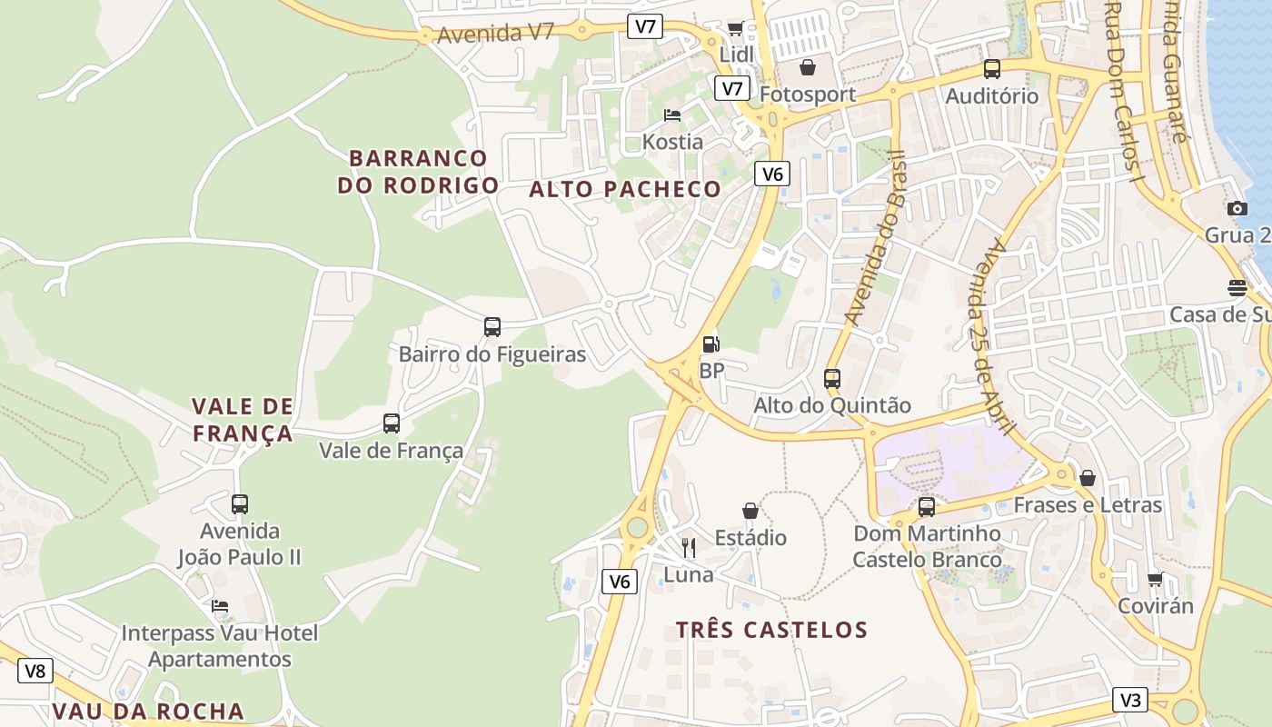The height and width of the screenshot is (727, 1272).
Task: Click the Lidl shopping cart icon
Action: [735, 29]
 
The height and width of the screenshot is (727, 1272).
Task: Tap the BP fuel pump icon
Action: [711, 344]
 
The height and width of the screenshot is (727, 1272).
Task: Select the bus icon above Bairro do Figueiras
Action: [492, 327]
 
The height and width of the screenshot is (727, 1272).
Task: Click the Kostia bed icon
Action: [672, 115]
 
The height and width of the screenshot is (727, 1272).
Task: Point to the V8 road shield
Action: [35, 672]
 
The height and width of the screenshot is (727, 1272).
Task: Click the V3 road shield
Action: [1130, 700]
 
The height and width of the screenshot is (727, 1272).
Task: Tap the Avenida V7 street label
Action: [495, 34]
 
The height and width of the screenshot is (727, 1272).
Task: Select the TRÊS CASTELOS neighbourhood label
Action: [771, 630]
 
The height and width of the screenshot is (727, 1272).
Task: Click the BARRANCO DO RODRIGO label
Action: [418, 172]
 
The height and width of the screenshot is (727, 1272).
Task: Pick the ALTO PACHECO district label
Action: [625, 189]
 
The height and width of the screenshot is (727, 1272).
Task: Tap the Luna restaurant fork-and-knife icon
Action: [689, 547]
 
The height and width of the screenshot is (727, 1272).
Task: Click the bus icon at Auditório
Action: [992, 69]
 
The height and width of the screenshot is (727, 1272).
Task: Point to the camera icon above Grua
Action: [1237, 209]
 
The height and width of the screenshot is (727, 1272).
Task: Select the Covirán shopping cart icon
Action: [1155, 579]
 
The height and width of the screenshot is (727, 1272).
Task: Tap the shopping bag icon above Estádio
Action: [750, 511]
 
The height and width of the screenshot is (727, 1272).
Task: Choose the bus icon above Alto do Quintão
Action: [832, 379]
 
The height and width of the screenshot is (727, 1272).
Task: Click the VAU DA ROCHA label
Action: [148, 711]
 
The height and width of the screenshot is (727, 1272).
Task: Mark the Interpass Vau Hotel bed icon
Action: [220, 606]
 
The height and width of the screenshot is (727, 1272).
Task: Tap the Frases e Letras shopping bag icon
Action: [1088, 478]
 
